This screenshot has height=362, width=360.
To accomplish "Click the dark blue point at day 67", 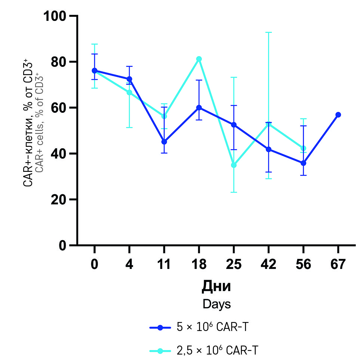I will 338,115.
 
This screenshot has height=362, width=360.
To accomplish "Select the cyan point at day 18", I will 199,59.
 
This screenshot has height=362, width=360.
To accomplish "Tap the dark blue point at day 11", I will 164,142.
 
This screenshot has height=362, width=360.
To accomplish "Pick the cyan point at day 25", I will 234,165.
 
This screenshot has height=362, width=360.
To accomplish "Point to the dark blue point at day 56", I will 303,163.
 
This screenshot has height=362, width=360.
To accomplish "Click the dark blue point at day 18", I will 199,108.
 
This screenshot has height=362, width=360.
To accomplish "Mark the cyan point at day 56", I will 303,148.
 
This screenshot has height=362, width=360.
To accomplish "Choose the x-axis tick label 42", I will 268,264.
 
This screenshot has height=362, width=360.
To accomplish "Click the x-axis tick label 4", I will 129,264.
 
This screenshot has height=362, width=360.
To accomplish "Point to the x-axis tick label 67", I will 338,264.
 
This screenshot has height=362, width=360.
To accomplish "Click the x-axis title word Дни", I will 216,287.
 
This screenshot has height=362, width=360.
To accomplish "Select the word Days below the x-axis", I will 216,304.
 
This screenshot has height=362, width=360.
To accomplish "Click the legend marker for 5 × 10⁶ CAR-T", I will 160,328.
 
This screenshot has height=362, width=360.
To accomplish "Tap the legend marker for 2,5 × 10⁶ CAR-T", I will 160,351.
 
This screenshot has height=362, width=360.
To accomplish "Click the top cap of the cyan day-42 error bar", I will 268,33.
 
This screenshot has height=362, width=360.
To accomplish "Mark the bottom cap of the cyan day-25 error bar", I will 234,192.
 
